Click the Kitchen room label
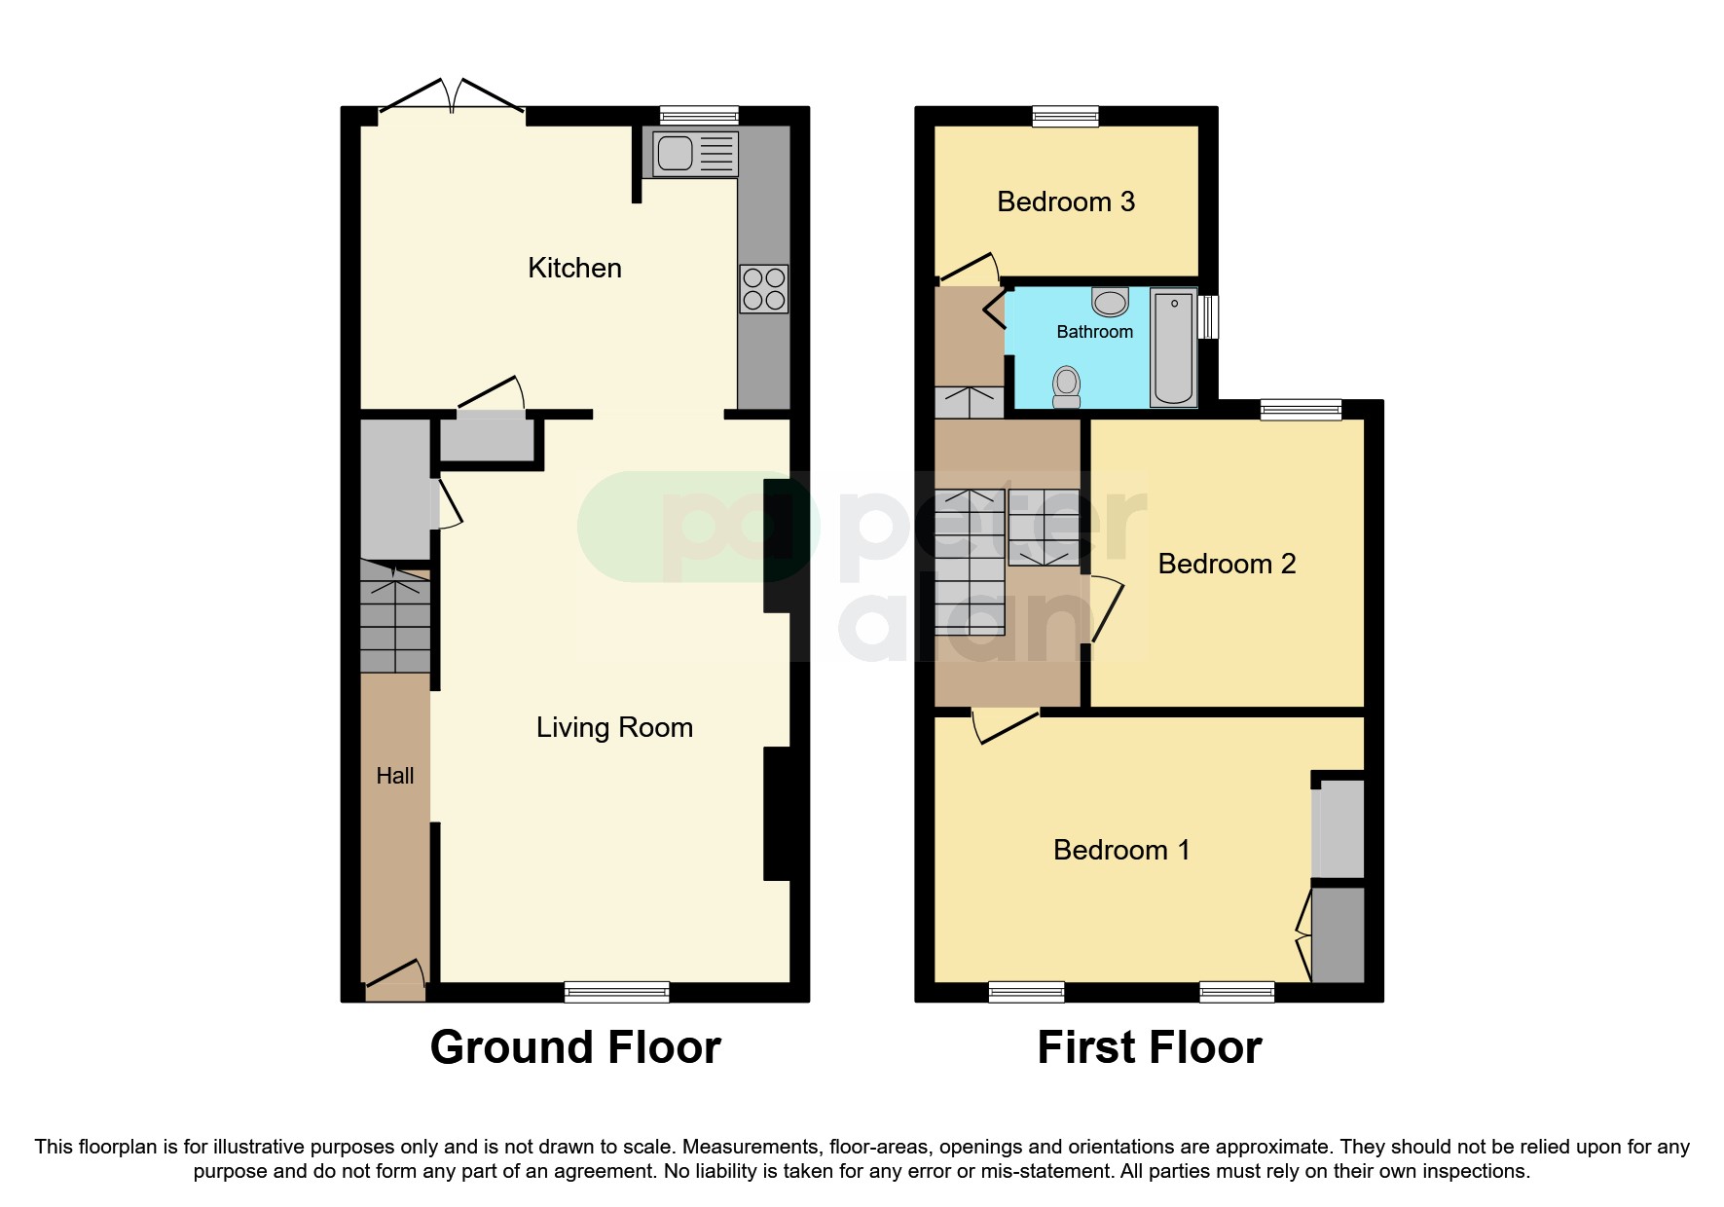coord(574,268)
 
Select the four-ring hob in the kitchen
coord(763,289)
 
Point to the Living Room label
coord(614,727)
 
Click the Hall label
coord(395,776)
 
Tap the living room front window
coord(616,992)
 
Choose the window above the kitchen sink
coord(698,116)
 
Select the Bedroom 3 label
coord(1066,201)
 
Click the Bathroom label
coord(1094,332)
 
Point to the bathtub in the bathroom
coord(1173,347)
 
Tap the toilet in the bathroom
coord(1067,386)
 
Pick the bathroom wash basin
coord(1110,302)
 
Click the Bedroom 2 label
coord(1227,564)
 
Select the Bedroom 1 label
coord(1121,850)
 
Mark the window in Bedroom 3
coord(1065,116)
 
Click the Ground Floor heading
coord(575,1047)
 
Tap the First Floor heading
coord(1149,1047)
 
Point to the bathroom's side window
coord(1208,317)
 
